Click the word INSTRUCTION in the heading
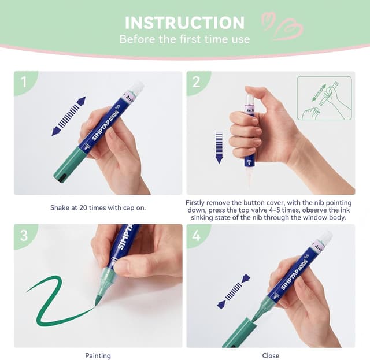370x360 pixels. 184,23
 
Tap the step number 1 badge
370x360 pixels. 24,82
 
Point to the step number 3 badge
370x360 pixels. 24,235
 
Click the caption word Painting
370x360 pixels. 98,355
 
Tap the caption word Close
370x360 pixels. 271,355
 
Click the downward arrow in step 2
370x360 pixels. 219,148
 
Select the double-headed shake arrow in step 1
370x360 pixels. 69,116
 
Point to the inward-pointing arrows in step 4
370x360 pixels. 234,291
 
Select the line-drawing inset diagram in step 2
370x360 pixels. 324,98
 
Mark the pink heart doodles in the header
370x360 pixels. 282,25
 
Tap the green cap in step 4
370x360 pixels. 239,333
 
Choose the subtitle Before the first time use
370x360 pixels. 184,39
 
